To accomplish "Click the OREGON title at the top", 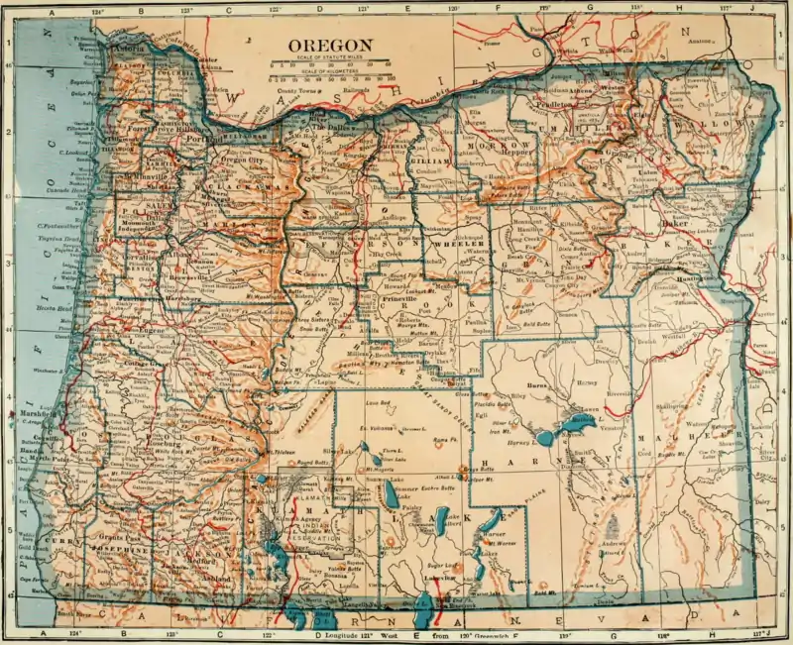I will [330, 45].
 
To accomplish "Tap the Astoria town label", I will [128, 48].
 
